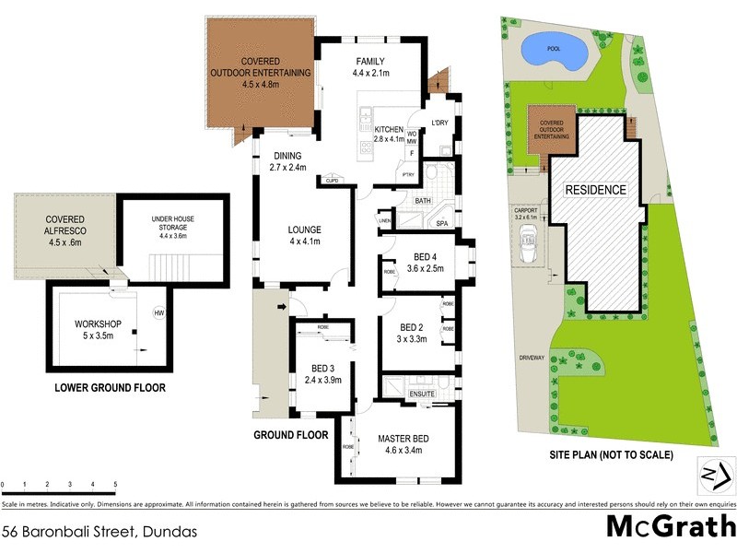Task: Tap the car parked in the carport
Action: point(530,248)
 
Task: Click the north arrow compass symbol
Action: point(714,474)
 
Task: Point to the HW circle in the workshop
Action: point(158,312)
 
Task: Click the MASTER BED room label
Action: point(403,439)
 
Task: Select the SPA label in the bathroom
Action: point(441,224)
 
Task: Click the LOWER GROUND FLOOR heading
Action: point(110,388)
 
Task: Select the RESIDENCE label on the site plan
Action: point(595,190)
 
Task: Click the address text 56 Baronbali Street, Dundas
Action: point(99,532)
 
